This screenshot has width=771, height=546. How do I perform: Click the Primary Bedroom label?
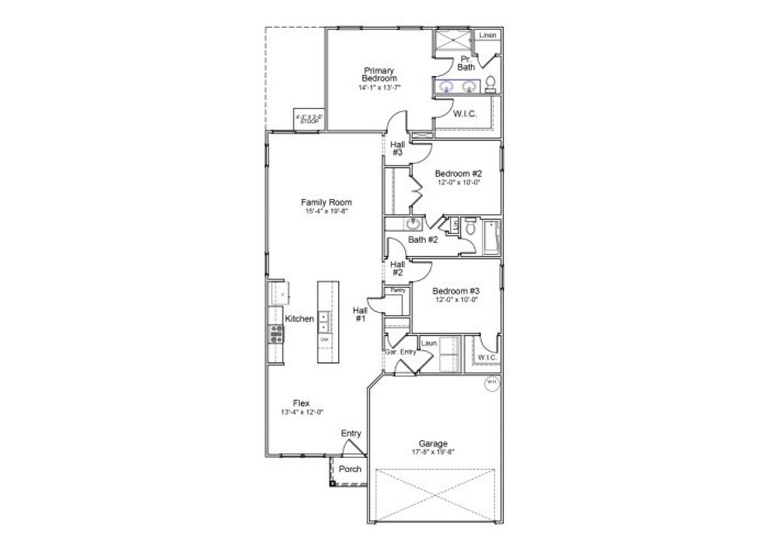(x=379, y=75)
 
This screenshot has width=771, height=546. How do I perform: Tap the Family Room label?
(x=326, y=202)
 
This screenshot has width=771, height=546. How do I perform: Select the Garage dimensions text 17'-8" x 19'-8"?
(x=433, y=452)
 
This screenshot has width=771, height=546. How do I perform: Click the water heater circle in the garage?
(x=491, y=383)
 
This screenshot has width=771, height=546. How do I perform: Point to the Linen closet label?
(x=488, y=35)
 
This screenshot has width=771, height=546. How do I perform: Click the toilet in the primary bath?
(x=490, y=83)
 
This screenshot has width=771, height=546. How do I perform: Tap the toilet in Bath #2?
(x=468, y=226)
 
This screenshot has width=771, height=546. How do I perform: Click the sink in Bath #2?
(x=413, y=224)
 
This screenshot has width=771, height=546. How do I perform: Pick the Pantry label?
(x=397, y=290)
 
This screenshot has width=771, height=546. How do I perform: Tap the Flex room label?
(x=301, y=403)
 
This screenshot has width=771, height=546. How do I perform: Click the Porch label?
(x=349, y=469)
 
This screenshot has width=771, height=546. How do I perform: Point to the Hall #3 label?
(x=397, y=148)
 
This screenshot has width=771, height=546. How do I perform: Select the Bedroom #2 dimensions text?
(x=458, y=181)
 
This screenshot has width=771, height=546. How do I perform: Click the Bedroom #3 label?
(x=456, y=291)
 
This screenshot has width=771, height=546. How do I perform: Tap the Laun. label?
(x=430, y=343)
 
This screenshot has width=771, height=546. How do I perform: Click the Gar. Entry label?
(x=400, y=352)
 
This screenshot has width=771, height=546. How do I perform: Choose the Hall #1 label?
(x=360, y=314)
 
